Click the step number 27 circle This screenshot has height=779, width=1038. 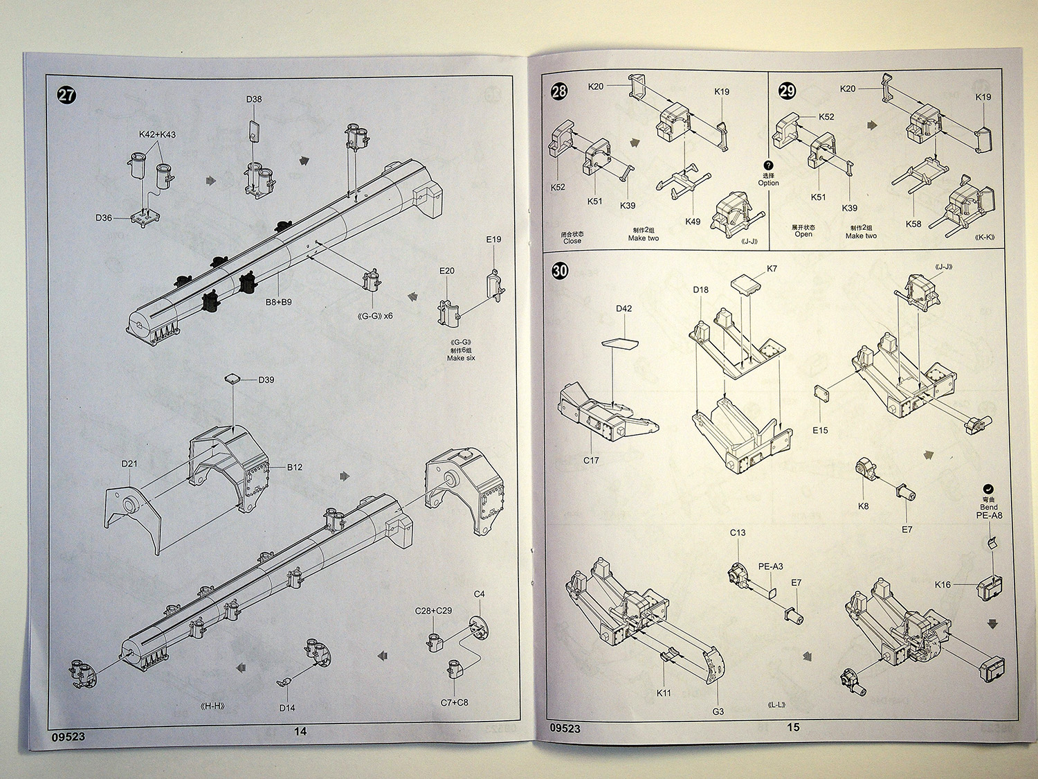pos(66,96)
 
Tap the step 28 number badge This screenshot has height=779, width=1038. pos(559,91)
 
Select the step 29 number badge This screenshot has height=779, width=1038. pos(787,91)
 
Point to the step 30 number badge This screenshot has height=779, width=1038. pos(561,271)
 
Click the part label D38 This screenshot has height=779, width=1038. pos(254,99)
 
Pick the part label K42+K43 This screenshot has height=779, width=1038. pos(157,134)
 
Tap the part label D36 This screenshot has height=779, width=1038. pos(104,218)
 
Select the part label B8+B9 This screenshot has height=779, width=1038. pos(279,302)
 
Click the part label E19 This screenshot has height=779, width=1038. pos(493,240)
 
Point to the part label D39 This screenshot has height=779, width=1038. pos(266,379)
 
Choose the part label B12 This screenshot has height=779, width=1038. pos(295,467)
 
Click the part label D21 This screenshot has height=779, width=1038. pos(129,463)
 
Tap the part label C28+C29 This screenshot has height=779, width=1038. pos(433,611)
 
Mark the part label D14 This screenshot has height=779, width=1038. pos(287,708)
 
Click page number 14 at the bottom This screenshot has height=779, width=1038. pos(300,731)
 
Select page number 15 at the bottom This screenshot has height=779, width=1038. pos(793,727)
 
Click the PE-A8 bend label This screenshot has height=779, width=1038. pos(989,515)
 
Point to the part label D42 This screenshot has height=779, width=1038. pos(623,309)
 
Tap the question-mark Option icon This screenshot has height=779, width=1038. pos(768,165)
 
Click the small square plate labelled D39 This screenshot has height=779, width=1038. pos(233,378)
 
